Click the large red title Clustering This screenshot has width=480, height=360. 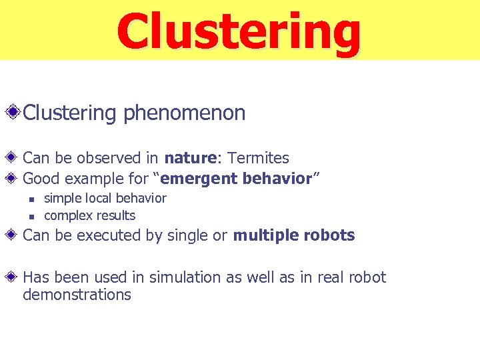239,31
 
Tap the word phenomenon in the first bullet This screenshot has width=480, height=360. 184,113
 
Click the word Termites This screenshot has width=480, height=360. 258,159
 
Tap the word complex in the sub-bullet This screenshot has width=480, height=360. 67,215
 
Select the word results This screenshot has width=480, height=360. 114,215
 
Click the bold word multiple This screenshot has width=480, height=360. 265,235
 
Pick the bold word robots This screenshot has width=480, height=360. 328,235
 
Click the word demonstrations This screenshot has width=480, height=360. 77,295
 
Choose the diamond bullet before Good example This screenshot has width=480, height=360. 13,179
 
